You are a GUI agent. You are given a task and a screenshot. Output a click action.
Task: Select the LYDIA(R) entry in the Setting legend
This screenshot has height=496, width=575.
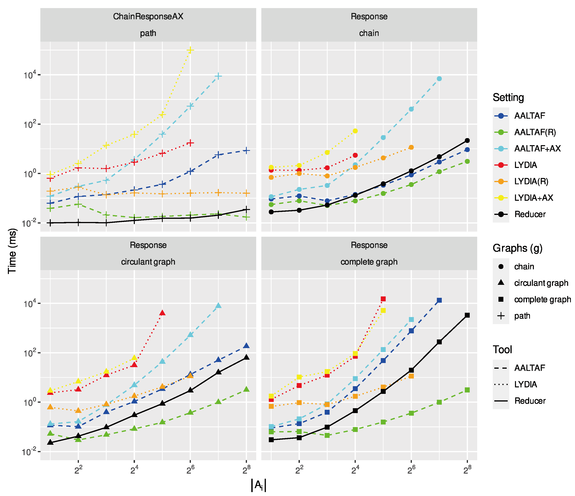point(531,181)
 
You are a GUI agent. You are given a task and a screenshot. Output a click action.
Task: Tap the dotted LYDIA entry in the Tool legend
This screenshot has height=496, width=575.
point(525,384)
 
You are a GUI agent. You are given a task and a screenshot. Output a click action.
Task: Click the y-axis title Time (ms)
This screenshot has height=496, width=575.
point(12,251)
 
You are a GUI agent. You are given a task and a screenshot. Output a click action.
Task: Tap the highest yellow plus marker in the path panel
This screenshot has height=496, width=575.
point(190,50)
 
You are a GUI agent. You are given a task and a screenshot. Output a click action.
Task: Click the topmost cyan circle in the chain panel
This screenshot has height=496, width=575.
point(439,79)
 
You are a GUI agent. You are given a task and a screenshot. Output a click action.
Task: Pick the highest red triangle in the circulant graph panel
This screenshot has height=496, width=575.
point(162,313)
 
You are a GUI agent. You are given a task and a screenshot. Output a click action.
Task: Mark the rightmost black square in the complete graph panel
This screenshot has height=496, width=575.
point(467,315)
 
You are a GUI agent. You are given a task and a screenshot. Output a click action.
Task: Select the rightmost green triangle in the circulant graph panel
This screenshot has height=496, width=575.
point(246,389)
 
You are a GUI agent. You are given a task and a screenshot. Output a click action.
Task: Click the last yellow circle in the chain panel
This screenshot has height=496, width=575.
point(355,131)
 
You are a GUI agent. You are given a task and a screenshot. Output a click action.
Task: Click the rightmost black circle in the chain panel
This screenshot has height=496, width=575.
point(467,140)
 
